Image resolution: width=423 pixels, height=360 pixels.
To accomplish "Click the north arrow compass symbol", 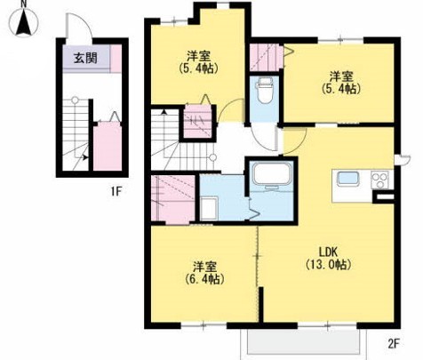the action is pyautogui.click(x=24, y=22).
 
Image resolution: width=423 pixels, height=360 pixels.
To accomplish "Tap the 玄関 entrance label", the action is pyautogui.click(x=85, y=58).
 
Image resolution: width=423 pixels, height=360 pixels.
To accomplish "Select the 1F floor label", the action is pyautogui.click(x=116, y=192).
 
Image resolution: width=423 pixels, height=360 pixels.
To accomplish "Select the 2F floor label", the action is pyautogui.click(x=394, y=344).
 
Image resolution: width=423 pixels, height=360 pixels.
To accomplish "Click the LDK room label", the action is pyautogui.click(x=328, y=252).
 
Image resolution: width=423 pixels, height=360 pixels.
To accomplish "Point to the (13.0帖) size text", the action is pyautogui.click(x=328, y=264).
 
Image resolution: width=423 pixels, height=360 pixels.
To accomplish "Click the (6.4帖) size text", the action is pyautogui.click(x=204, y=279).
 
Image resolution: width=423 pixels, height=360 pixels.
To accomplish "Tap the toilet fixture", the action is pyautogui.click(x=264, y=90).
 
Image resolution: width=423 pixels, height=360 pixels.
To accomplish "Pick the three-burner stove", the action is pyautogui.click(x=380, y=180).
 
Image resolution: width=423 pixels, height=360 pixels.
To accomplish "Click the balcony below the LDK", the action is pyautogui.click(x=303, y=341).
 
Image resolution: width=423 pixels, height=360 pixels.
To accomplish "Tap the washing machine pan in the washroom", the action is pyautogui.click(x=209, y=209).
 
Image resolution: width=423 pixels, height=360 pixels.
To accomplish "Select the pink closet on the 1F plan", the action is pyautogui.click(x=108, y=147).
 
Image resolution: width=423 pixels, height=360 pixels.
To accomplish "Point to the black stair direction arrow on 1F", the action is pyautogui.click(x=85, y=157).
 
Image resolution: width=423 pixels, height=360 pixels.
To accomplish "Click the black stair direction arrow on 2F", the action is pyautogui.click(x=164, y=112).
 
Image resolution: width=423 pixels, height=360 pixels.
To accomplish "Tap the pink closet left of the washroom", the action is pyautogui.click(x=173, y=198).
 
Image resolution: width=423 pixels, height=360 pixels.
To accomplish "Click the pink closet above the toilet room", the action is pyautogui.click(x=266, y=58).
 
